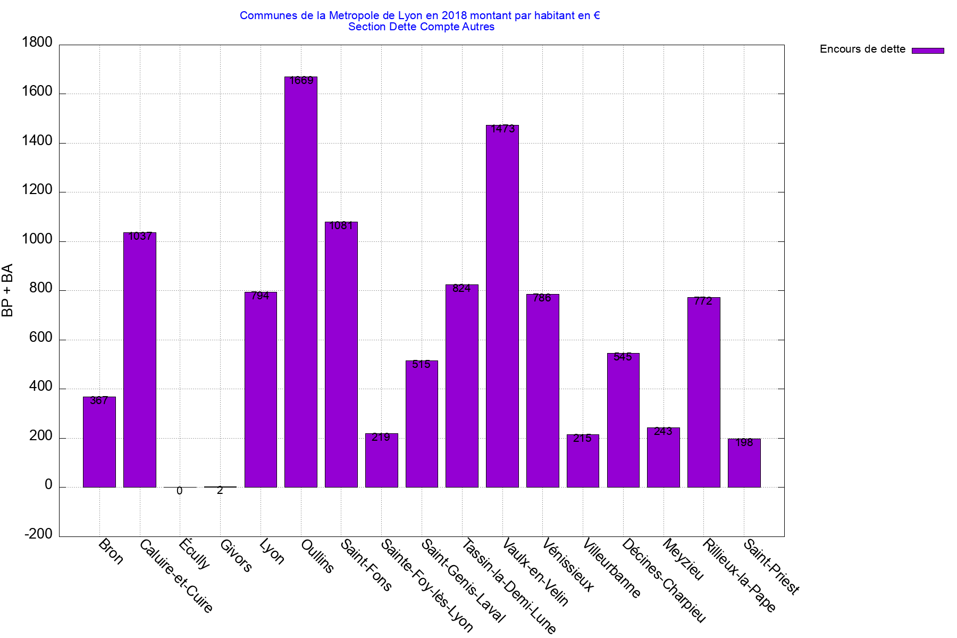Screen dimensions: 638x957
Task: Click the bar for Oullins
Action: point(301,282)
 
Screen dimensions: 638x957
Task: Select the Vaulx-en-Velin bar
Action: point(502,306)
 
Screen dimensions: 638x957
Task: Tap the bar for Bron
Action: point(99,442)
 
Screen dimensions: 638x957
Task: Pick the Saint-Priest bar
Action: point(744,463)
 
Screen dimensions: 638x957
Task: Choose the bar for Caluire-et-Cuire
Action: point(140,359)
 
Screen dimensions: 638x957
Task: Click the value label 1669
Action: point(301,81)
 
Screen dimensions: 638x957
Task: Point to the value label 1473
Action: point(503,129)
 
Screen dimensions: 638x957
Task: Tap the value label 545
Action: point(623,357)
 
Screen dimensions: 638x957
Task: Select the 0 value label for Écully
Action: point(180,491)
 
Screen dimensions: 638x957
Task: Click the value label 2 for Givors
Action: point(220,491)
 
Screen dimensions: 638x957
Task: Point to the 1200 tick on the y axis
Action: point(37,190)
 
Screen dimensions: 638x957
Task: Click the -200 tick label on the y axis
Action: point(38,534)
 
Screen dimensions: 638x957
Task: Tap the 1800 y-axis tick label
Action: point(37,43)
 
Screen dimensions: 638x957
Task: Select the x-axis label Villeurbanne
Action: point(611,568)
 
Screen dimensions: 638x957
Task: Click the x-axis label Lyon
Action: point(272,551)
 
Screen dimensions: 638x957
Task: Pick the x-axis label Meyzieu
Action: point(683,559)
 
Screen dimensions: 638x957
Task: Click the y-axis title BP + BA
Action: point(7,290)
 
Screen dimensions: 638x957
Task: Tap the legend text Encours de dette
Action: point(862,49)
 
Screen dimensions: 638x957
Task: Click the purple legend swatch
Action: point(928,51)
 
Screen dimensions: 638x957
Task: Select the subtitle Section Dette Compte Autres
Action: point(421,27)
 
